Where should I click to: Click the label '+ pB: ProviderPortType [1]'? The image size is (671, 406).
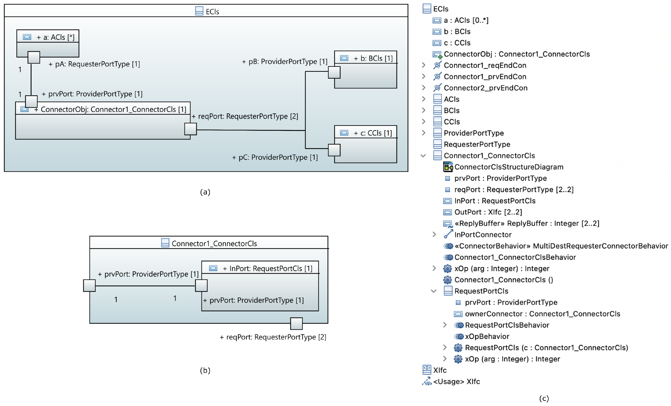(x=285, y=62)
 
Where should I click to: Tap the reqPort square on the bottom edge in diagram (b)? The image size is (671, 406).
(x=296, y=323)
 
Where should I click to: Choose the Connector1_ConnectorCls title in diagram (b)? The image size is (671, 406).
(x=214, y=244)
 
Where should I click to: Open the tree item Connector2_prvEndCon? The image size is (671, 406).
(x=485, y=88)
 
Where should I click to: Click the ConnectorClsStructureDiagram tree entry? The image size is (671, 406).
(x=508, y=167)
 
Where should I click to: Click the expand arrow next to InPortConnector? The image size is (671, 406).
(x=434, y=234)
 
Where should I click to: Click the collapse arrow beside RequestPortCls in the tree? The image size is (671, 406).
(x=434, y=291)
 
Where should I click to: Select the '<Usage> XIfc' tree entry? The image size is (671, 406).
(x=456, y=382)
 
